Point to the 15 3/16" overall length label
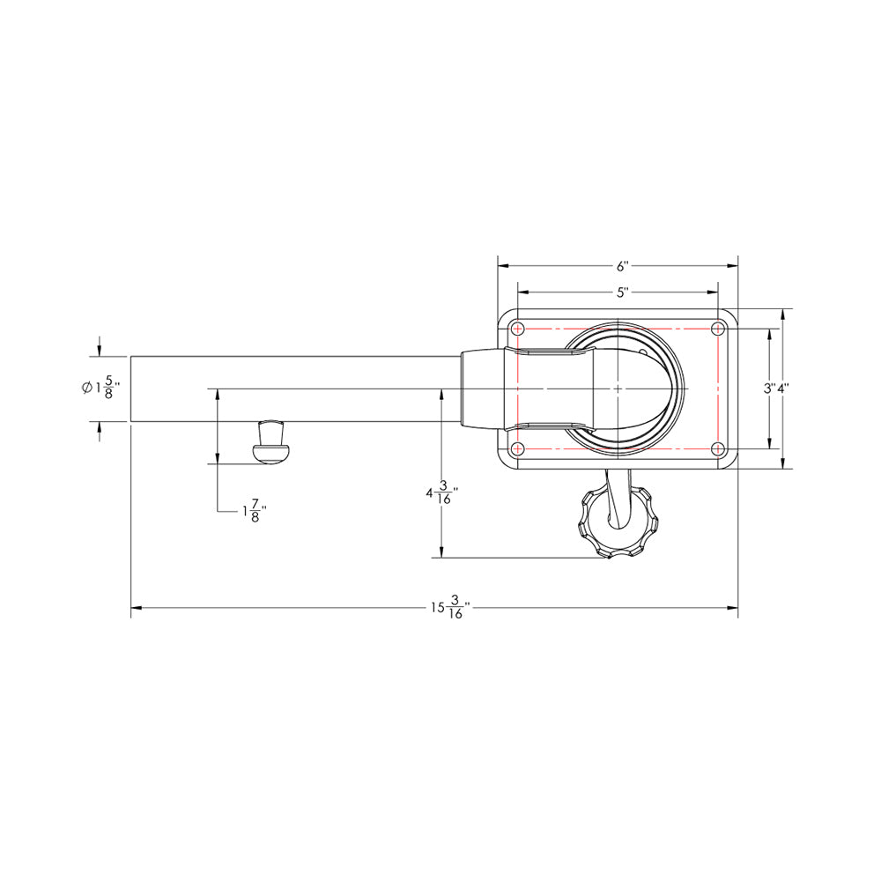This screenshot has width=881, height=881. (449, 608)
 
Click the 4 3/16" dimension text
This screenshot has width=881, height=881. (441, 495)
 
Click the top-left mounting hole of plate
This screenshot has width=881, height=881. (518, 329)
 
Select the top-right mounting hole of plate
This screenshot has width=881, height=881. (718, 329)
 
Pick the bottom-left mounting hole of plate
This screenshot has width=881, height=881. (518, 449)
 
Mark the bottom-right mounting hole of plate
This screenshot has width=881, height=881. (718, 449)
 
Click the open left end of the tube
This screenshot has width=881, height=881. (133, 389)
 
